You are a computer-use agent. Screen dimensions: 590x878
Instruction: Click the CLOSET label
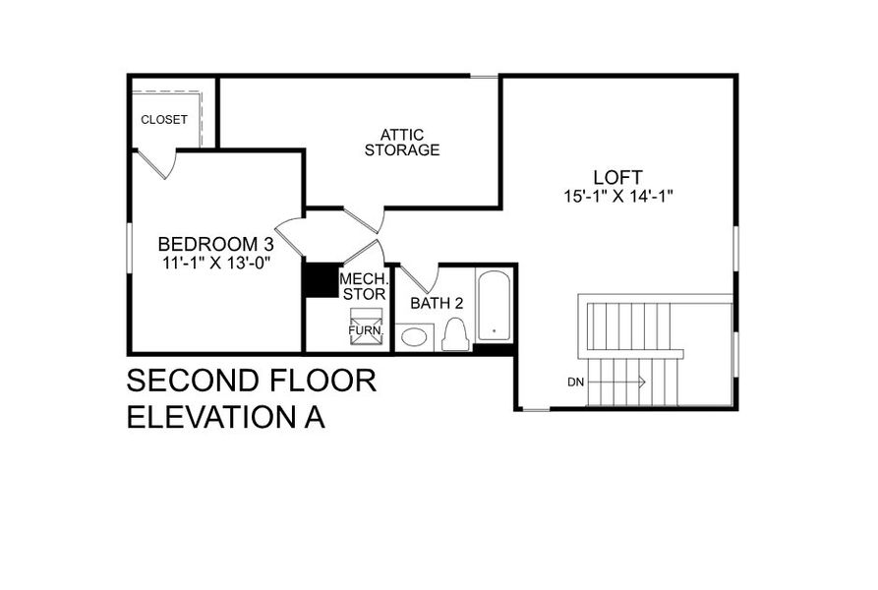point(164,120)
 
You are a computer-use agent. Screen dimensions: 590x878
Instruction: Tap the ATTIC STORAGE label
point(401,143)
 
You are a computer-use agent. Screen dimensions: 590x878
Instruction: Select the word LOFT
point(617,177)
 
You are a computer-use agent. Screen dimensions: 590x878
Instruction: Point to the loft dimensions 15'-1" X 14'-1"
point(617,196)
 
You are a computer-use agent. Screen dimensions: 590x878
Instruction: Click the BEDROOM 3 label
point(215,244)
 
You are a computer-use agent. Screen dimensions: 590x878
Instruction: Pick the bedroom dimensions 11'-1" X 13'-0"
point(215,263)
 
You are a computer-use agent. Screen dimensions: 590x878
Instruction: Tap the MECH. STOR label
point(364,286)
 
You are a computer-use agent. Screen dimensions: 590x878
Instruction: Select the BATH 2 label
point(437,303)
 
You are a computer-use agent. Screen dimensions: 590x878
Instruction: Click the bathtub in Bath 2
point(494,305)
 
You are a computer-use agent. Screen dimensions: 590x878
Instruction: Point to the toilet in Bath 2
point(453,334)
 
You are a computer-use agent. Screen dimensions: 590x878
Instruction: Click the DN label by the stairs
point(575,382)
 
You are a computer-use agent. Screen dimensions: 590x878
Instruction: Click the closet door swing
point(161,163)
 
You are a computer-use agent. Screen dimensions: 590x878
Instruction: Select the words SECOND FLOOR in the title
point(252,381)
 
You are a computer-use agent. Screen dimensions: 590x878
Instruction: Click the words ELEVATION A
point(226,416)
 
